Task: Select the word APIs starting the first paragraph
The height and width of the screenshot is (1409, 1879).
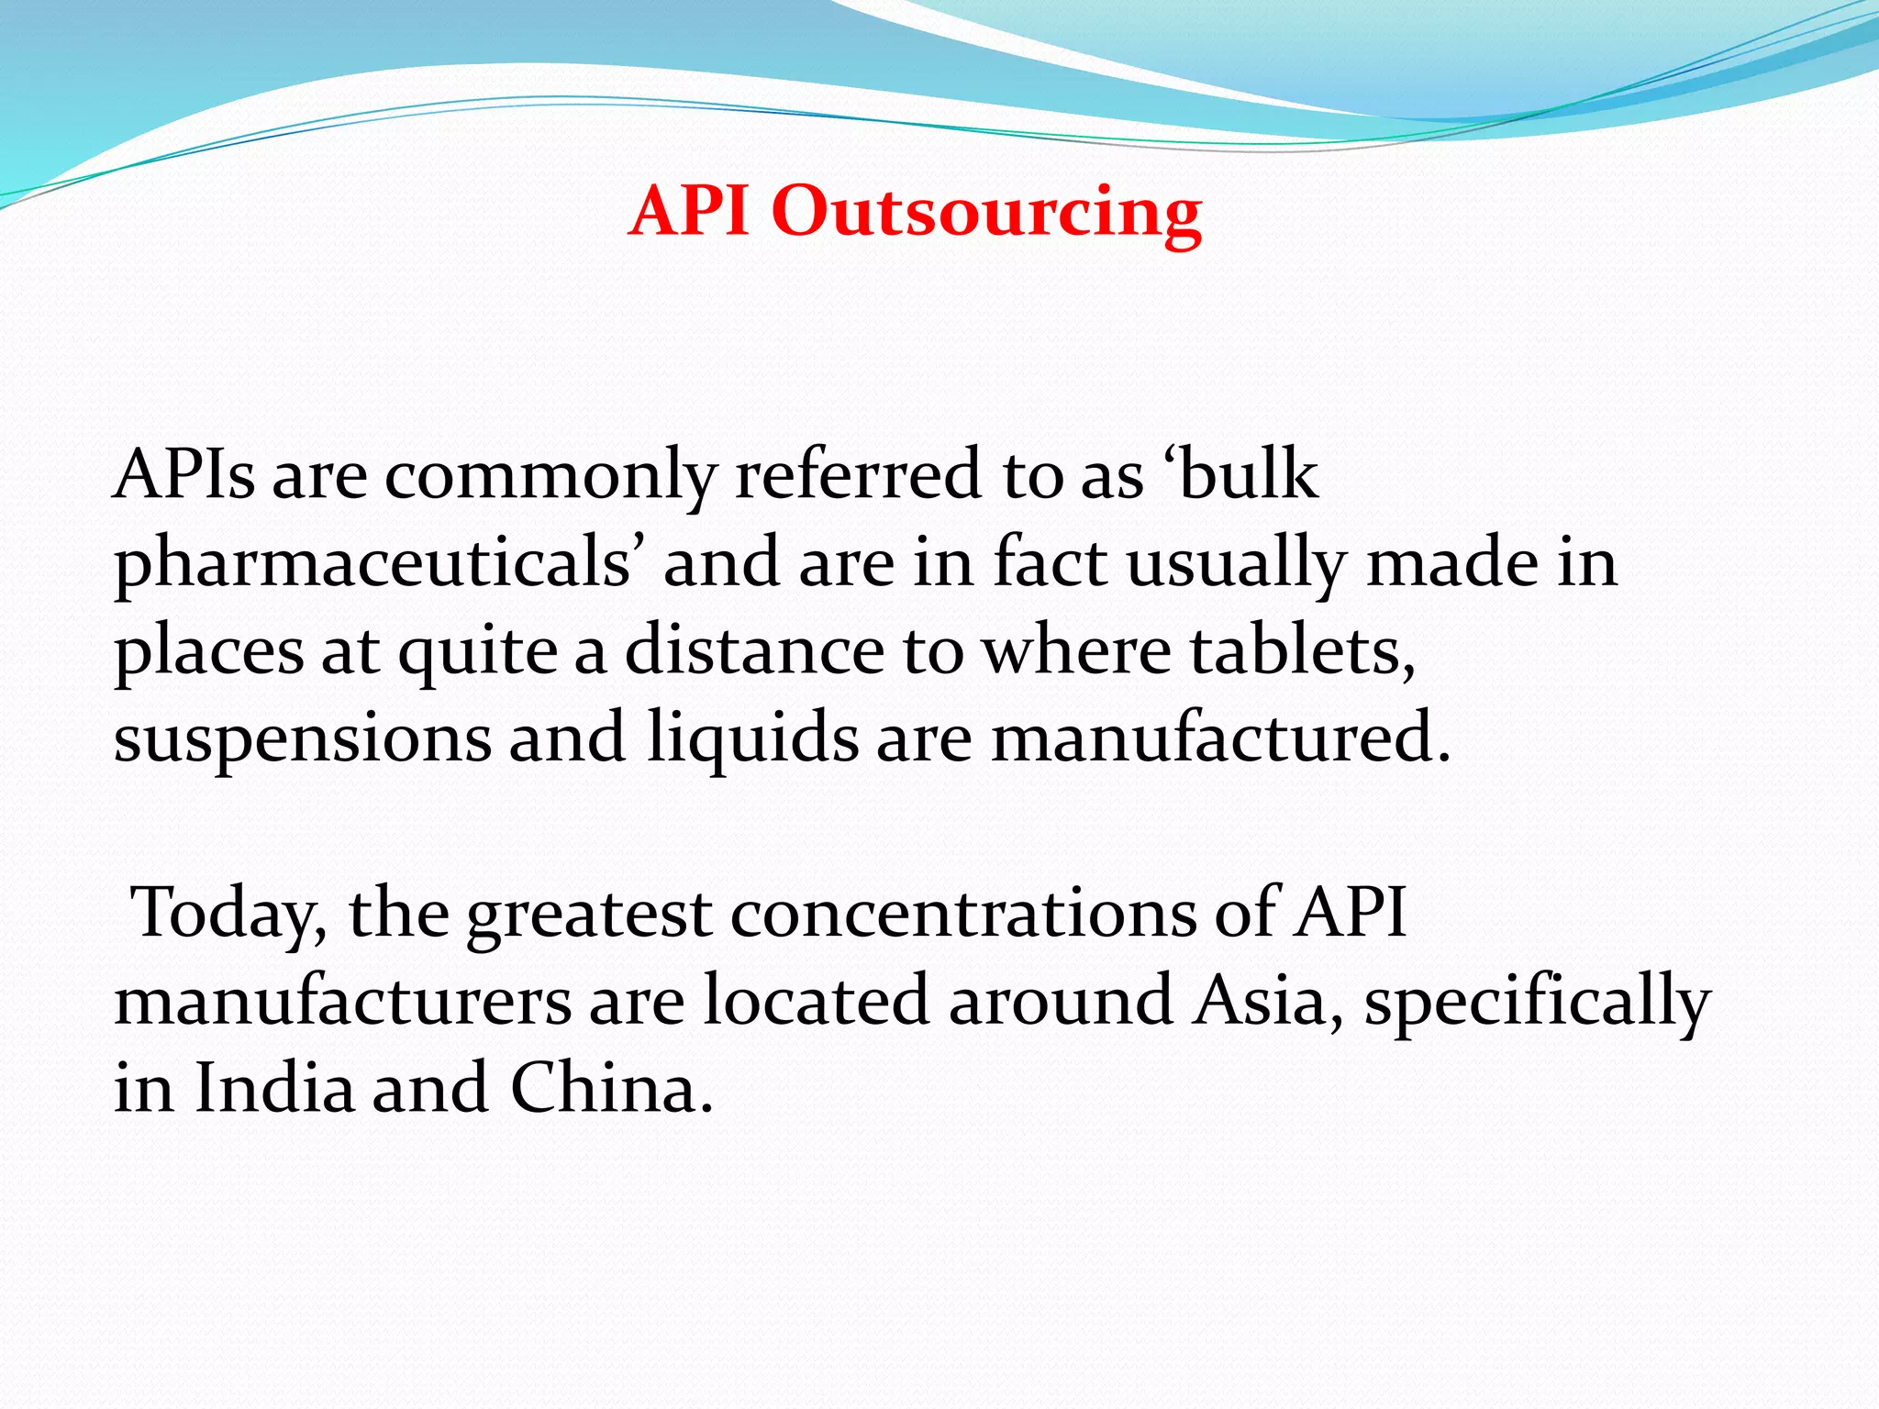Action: point(183,474)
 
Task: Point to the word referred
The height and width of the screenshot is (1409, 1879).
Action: point(859,474)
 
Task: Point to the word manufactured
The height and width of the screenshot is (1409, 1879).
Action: point(1220,738)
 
